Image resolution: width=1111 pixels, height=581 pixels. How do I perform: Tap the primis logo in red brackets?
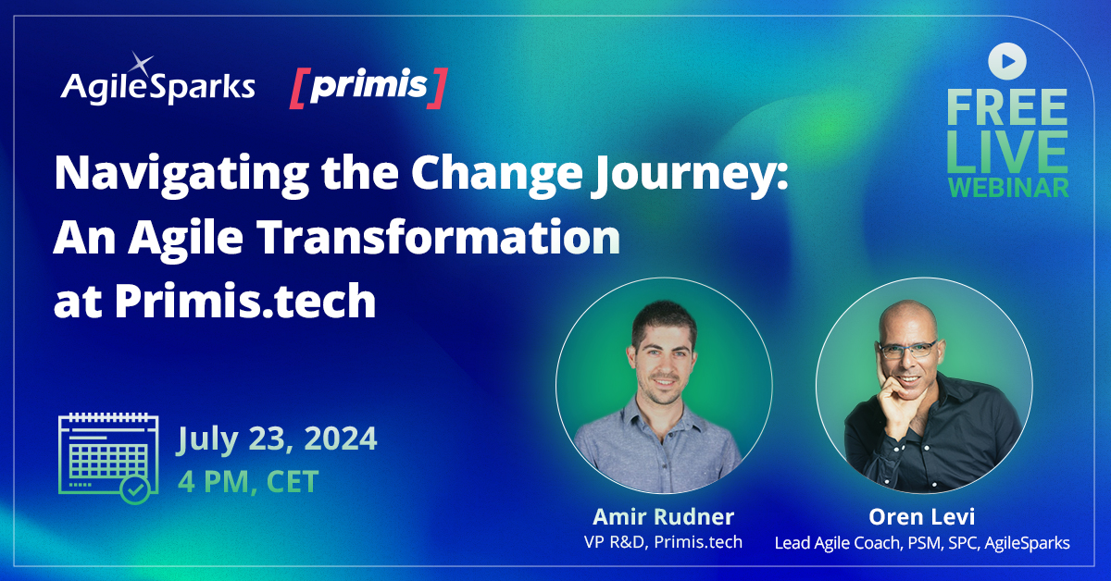(368, 87)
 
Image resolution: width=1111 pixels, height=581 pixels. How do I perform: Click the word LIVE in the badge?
(1006, 150)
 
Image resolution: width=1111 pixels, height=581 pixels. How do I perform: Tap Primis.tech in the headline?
(245, 301)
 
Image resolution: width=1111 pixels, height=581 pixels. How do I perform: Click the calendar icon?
(103, 457)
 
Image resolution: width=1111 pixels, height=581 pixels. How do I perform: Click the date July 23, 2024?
(277, 438)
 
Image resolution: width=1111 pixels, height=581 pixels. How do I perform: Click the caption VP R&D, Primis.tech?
(663, 542)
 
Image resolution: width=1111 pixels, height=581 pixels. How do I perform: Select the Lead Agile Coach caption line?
(922, 542)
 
